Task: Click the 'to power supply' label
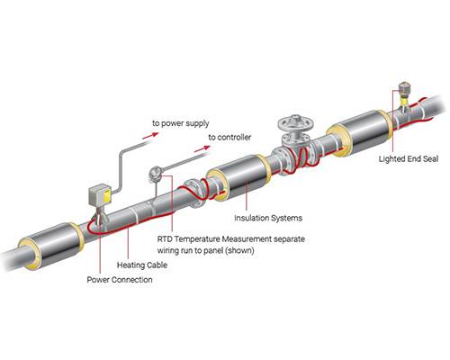coord(181,123)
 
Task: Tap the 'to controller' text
coord(229,138)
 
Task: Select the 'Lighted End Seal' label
coord(409,158)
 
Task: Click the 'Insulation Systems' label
coord(268,218)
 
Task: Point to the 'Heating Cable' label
coord(142,265)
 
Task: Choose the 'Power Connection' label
coord(120,280)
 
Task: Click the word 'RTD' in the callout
coord(165,239)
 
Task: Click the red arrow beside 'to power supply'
coord(150,136)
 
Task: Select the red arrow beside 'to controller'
coord(202,148)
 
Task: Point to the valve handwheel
coord(295,122)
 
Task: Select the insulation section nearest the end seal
coord(360,133)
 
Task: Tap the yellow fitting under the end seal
coord(405,101)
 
